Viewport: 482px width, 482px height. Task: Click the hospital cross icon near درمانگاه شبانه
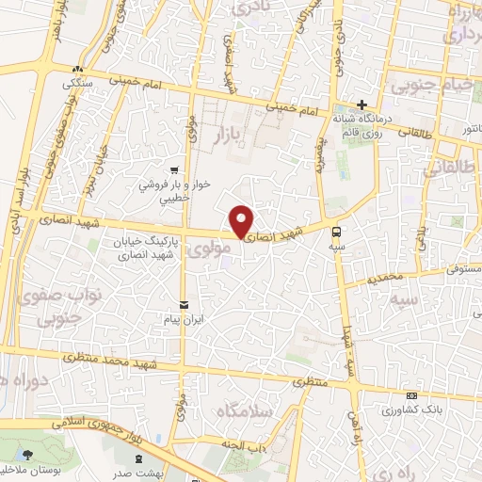tap(361, 104)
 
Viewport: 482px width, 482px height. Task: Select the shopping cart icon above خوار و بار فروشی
tap(175, 170)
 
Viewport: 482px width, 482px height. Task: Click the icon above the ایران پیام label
tap(184, 304)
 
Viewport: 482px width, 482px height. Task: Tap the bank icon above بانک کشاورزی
tap(411, 395)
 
